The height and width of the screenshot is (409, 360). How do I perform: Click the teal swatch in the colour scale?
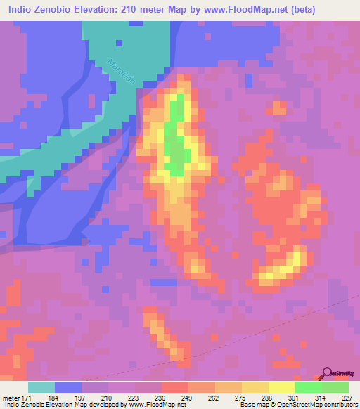coord(41,387)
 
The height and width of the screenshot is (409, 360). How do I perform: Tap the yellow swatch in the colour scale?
coord(281,387)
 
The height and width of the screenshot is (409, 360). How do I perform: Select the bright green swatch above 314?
coord(308,387)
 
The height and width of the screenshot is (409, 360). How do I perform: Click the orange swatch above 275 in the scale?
coord(228,387)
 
